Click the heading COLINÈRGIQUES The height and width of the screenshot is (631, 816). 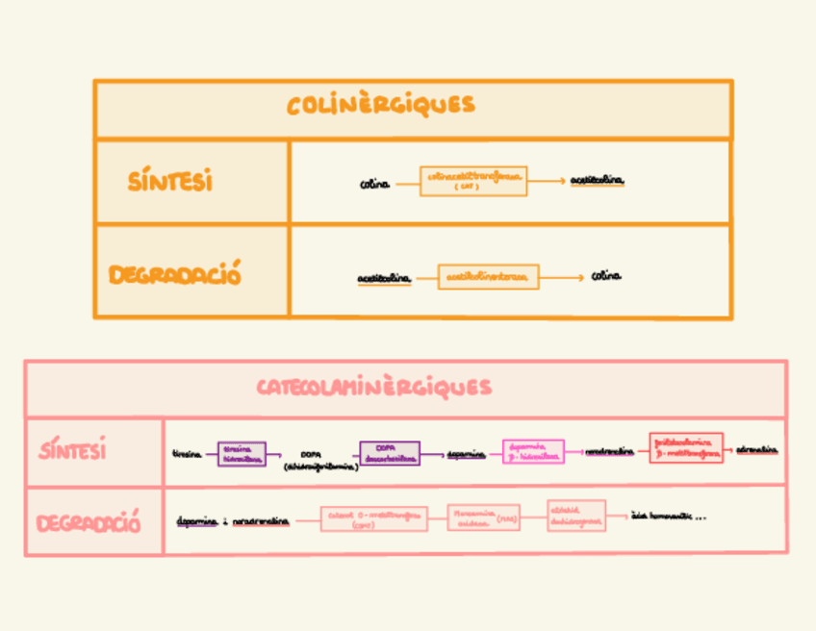pos(381,105)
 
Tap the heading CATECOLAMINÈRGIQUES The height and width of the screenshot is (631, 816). pos(374,388)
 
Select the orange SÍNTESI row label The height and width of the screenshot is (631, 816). pos(170,181)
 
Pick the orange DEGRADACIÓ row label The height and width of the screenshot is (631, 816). pos(174,275)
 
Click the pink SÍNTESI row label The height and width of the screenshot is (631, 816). pos(72,450)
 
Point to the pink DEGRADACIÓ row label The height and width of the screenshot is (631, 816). pos(89,524)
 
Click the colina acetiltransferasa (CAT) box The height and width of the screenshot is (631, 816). pos(473,181)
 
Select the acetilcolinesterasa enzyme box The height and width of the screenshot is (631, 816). pos(488,277)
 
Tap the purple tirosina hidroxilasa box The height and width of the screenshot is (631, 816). pos(242,454)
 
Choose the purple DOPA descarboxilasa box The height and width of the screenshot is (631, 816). pos(390,454)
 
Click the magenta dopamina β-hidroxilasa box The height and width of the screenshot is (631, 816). pos(533,452)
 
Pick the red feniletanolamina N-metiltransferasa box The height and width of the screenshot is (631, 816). pos(685,447)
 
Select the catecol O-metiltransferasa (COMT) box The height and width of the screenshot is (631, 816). pos(373,519)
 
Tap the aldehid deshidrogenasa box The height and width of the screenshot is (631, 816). pos(576,517)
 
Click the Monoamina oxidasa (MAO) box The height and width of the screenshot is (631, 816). pos(483,517)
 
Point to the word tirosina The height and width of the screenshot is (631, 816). pos(187,454)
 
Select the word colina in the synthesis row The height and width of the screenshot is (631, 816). pos(374,184)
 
